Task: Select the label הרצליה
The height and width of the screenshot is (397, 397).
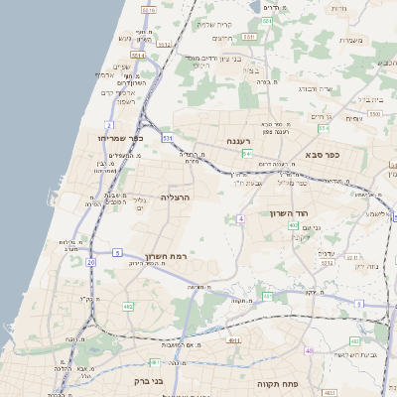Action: (x=175, y=198)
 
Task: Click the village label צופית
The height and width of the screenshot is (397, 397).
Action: (x=353, y=118)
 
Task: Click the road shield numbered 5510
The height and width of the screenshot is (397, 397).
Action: (x=149, y=9)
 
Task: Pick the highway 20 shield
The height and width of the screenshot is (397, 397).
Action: (x=90, y=262)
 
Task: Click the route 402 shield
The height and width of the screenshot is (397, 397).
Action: (x=294, y=226)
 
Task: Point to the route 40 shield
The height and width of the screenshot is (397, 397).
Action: (x=310, y=351)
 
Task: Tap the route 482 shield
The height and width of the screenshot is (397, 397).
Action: (x=127, y=307)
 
